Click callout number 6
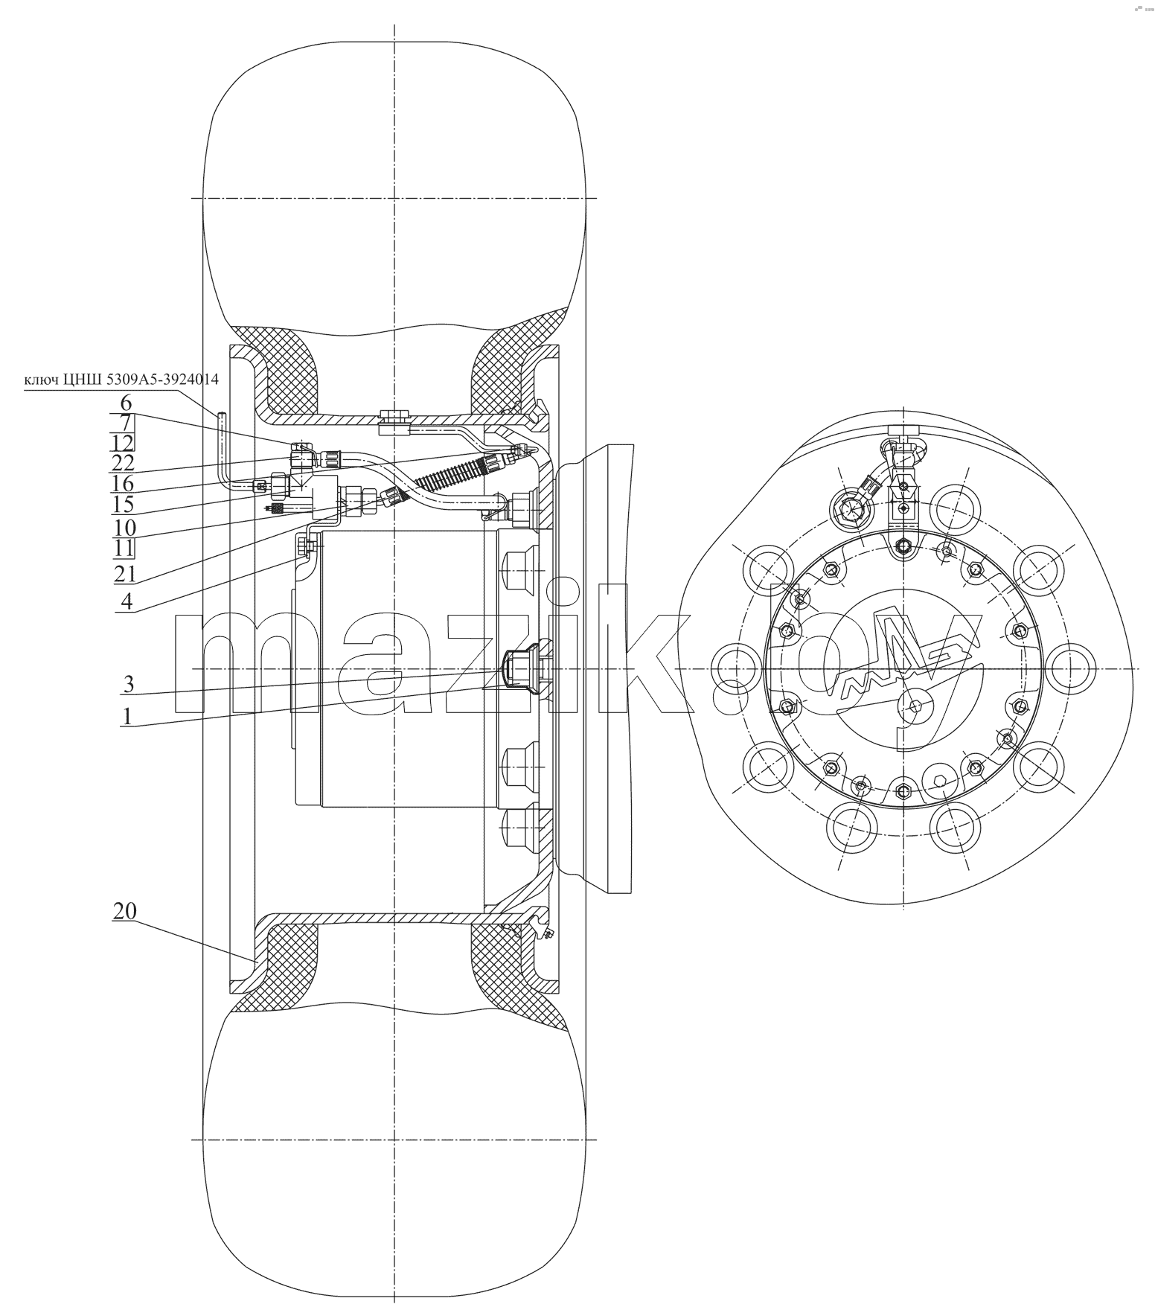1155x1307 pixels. coord(126,403)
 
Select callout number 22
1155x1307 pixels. coord(124,462)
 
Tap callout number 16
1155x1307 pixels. coord(124,484)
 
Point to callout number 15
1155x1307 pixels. coord(124,505)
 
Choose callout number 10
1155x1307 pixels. coord(124,528)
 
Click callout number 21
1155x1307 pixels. coord(124,574)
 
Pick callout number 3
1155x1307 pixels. coord(128,684)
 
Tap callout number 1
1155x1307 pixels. coord(128,717)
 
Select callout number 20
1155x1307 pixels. coord(125,912)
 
